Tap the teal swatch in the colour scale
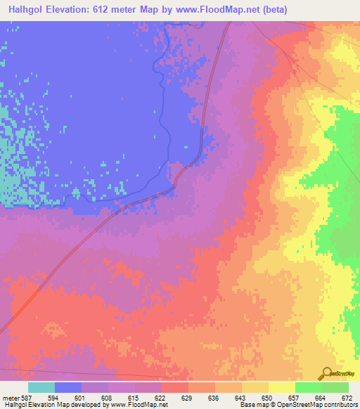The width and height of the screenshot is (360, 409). pyautogui.click(x=41, y=387)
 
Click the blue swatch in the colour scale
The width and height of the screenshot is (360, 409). pyautogui.click(x=68, y=387)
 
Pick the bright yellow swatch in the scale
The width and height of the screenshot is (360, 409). pyautogui.click(x=281, y=387)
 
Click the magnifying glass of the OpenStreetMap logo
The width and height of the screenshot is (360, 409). pyautogui.click(x=326, y=373)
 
